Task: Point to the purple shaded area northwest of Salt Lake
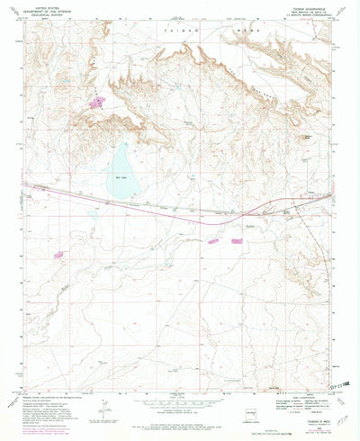(97, 101)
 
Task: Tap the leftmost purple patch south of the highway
(60, 255)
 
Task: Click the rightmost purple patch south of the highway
(237, 240)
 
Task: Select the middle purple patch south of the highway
(213, 240)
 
